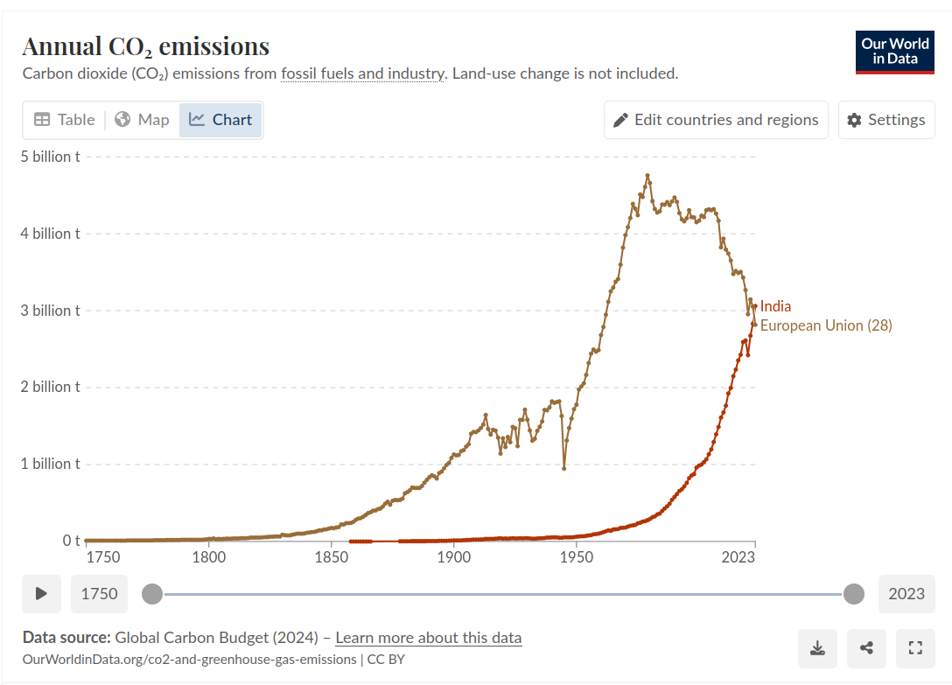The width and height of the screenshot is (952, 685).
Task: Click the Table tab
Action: (x=64, y=120)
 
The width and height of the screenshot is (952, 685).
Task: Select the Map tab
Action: (x=142, y=120)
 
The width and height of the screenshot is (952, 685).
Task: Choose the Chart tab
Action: (x=220, y=120)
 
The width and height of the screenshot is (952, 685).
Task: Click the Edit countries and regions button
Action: (x=716, y=120)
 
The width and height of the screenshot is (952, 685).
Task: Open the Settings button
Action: (x=886, y=120)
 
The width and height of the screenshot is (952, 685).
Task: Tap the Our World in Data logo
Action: (x=894, y=52)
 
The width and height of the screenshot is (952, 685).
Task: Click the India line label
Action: (x=775, y=306)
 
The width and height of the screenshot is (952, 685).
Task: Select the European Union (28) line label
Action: (x=825, y=325)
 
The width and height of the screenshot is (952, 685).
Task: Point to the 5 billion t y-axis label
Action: (x=51, y=157)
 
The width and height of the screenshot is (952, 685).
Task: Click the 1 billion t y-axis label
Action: (x=51, y=464)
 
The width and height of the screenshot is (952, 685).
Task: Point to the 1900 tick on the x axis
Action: (x=453, y=557)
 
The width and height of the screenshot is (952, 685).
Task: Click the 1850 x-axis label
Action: (x=331, y=557)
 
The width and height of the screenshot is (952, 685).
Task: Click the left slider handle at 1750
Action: (x=152, y=594)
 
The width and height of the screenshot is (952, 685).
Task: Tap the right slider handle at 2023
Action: (x=854, y=594)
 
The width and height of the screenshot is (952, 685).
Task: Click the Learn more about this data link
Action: (x=428, y=638)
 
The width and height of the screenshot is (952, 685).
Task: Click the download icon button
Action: (x=817, y=648)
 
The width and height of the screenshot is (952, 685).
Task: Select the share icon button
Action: (x=867, y=648)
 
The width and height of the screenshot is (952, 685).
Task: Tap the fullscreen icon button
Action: (x=916, y=648)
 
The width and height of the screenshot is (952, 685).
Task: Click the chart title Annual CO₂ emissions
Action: (x=145, y=46)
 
